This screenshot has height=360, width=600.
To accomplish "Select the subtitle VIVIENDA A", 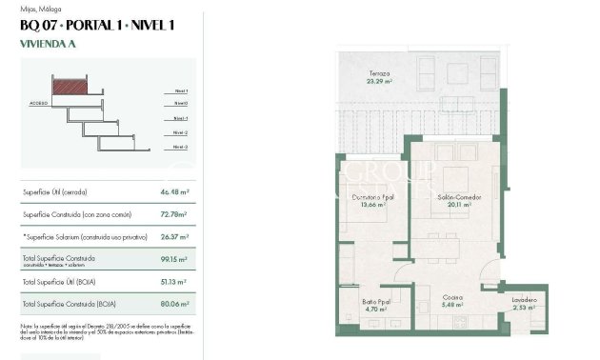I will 47,43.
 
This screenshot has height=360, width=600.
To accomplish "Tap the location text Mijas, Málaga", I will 42,9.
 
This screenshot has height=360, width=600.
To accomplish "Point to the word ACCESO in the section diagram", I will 39,101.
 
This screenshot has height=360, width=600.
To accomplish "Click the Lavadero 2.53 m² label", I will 524,304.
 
